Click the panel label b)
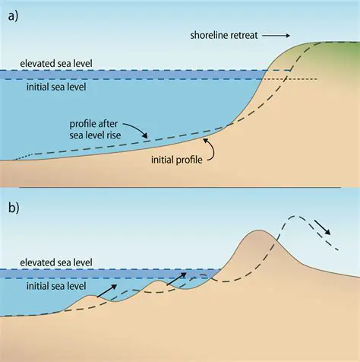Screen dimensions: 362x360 [13, 207]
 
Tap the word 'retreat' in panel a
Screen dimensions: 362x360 [245, 35]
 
